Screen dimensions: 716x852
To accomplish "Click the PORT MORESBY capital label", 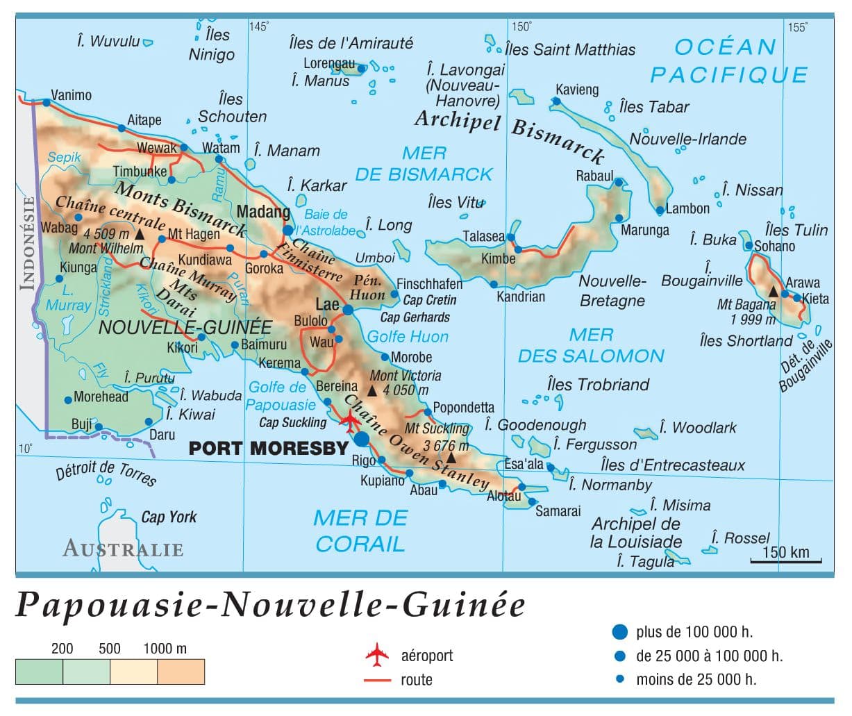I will coord(267,448).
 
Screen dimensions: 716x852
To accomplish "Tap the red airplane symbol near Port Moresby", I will coord(350,421).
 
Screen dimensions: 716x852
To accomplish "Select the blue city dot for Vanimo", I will coord(46,103).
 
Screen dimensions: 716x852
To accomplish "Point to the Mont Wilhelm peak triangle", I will coord(140,235).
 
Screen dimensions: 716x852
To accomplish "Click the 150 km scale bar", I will coord(785,560).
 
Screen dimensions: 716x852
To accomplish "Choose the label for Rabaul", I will coord(594,176).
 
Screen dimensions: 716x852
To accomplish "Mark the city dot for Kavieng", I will coord(556,101).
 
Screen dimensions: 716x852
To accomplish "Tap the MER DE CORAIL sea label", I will coord(360,531).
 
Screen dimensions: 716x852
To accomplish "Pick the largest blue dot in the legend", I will coord(619,632).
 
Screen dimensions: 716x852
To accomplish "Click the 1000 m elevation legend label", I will coord(165,649).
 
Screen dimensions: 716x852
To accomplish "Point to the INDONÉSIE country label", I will coord(28,242).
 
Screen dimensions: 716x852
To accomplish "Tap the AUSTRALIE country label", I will coord(123,549).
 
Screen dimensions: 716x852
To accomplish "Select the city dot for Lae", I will coord(348,310).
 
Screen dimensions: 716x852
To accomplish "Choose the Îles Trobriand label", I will coord(598,384).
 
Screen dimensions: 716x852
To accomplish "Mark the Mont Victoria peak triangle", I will coord(372,391).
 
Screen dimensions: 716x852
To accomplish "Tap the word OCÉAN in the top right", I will coord(725,47).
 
